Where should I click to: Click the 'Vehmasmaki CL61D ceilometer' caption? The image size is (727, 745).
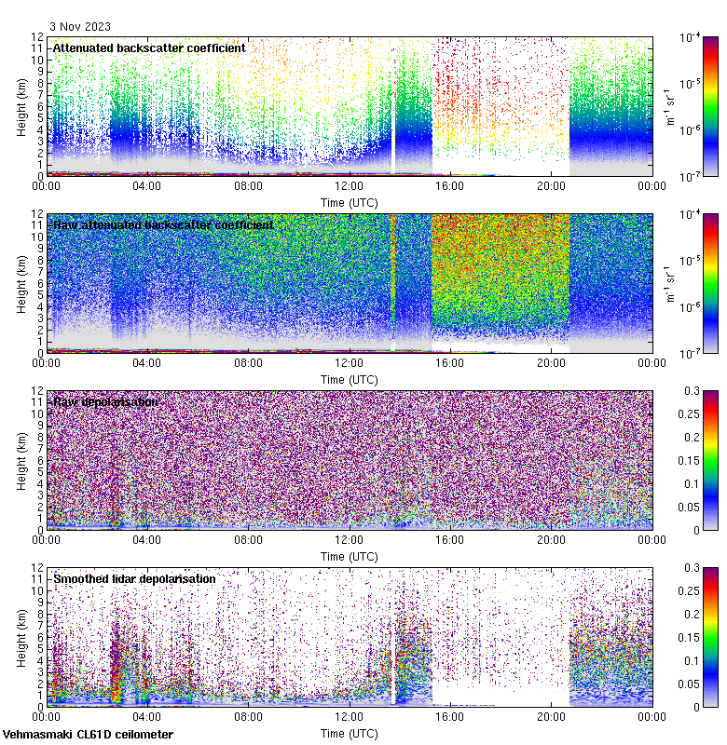click(x=88, y=735)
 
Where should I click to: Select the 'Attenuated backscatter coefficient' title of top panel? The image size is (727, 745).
click(x=149, y=47)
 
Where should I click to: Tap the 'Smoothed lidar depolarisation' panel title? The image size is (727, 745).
click(x=134, y=578)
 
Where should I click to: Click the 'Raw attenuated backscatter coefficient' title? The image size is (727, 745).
click(x=163, y=224)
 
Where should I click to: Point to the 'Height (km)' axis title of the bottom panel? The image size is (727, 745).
click(x=21, y=636)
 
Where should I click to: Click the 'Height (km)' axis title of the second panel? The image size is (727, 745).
click(x=21, y=282)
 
